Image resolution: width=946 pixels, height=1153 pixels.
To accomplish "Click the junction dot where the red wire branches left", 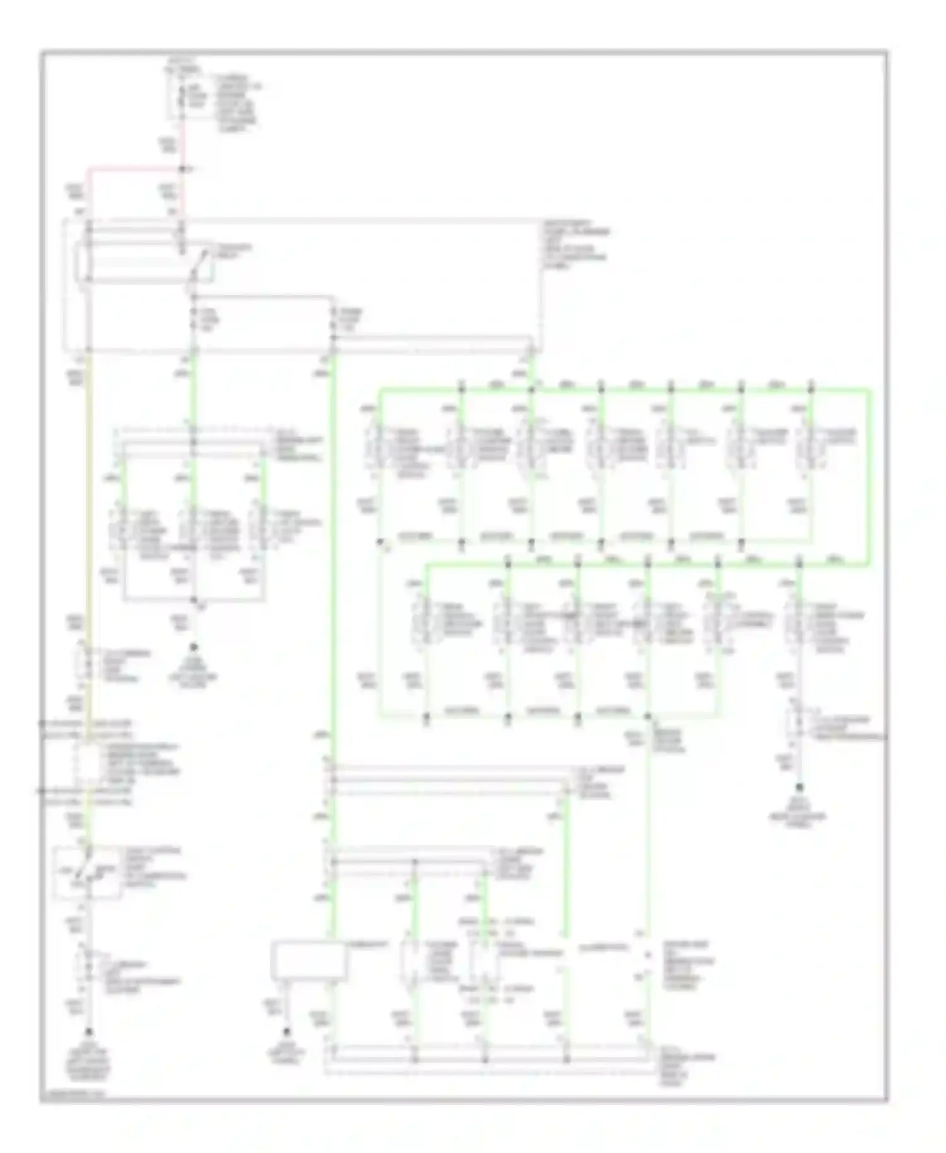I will tap(183, 169).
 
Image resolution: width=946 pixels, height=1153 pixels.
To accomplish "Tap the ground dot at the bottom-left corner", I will tap(89, 1032).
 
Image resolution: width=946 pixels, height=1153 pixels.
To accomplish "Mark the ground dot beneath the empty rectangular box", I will tap(287, 1032).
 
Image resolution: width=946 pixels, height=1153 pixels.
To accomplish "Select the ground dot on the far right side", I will tap(800, 787).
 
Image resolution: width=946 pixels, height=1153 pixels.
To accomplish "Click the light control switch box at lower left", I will tap(87, 872).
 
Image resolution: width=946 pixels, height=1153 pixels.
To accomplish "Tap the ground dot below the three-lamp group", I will tap(194, 647).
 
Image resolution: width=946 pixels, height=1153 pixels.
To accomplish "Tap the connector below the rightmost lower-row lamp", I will tap(798, 725).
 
